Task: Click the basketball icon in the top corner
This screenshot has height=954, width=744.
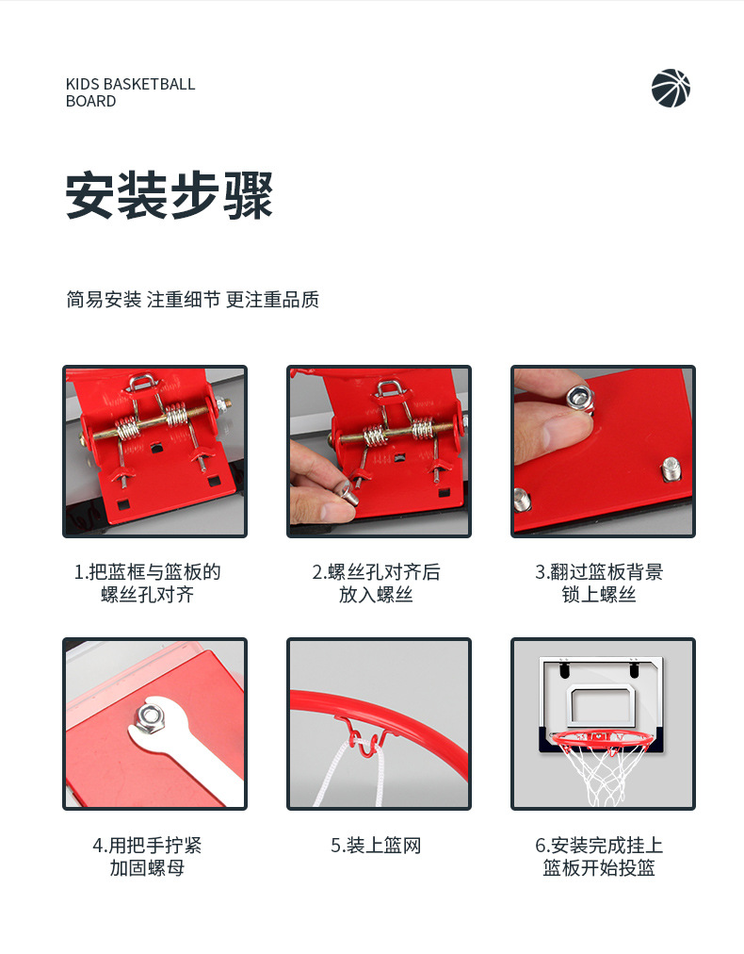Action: click(x=671, y=88)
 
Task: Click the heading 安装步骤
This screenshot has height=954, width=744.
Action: click(x=170, y=196)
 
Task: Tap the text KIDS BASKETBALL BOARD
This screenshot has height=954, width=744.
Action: click(x=130, y=92)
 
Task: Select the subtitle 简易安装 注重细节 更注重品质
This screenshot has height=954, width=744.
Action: click(x=192, y=300)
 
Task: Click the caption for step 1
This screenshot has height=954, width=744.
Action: click(x=147, y=584)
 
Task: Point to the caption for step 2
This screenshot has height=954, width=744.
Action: click(x=376, y=584)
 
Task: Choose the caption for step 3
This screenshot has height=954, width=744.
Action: click(x=599, y=584)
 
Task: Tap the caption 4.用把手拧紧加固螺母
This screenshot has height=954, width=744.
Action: click(x=147, y=856)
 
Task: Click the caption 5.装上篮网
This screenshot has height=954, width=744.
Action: click(x=376, y=846)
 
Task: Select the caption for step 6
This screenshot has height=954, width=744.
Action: click(x=599, y=856)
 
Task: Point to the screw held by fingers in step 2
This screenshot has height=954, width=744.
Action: click(x=346, y=489)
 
